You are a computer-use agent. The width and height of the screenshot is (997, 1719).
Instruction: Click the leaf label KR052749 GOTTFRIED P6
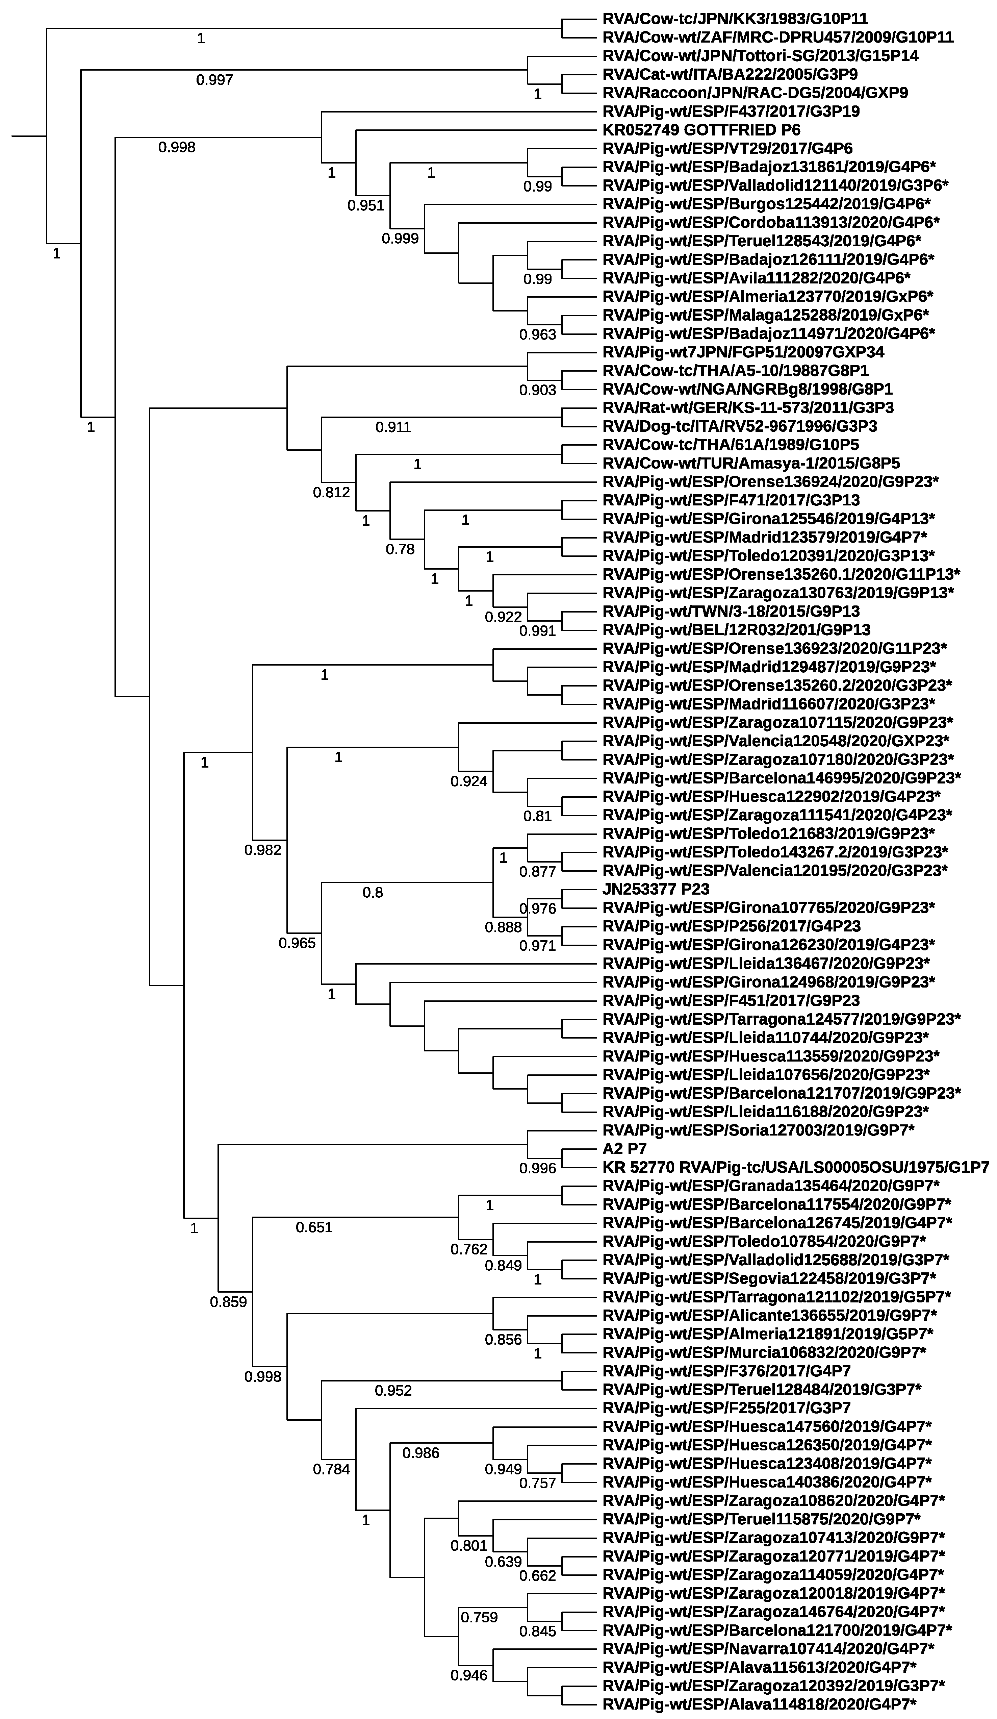pos(701,130)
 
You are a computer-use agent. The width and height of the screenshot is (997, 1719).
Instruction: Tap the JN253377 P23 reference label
pos(655,889)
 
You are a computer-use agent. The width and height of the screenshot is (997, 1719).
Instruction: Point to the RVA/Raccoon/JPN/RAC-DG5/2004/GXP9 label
pos(755,93)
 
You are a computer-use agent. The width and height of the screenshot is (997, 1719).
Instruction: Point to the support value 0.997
pos(214,80)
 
